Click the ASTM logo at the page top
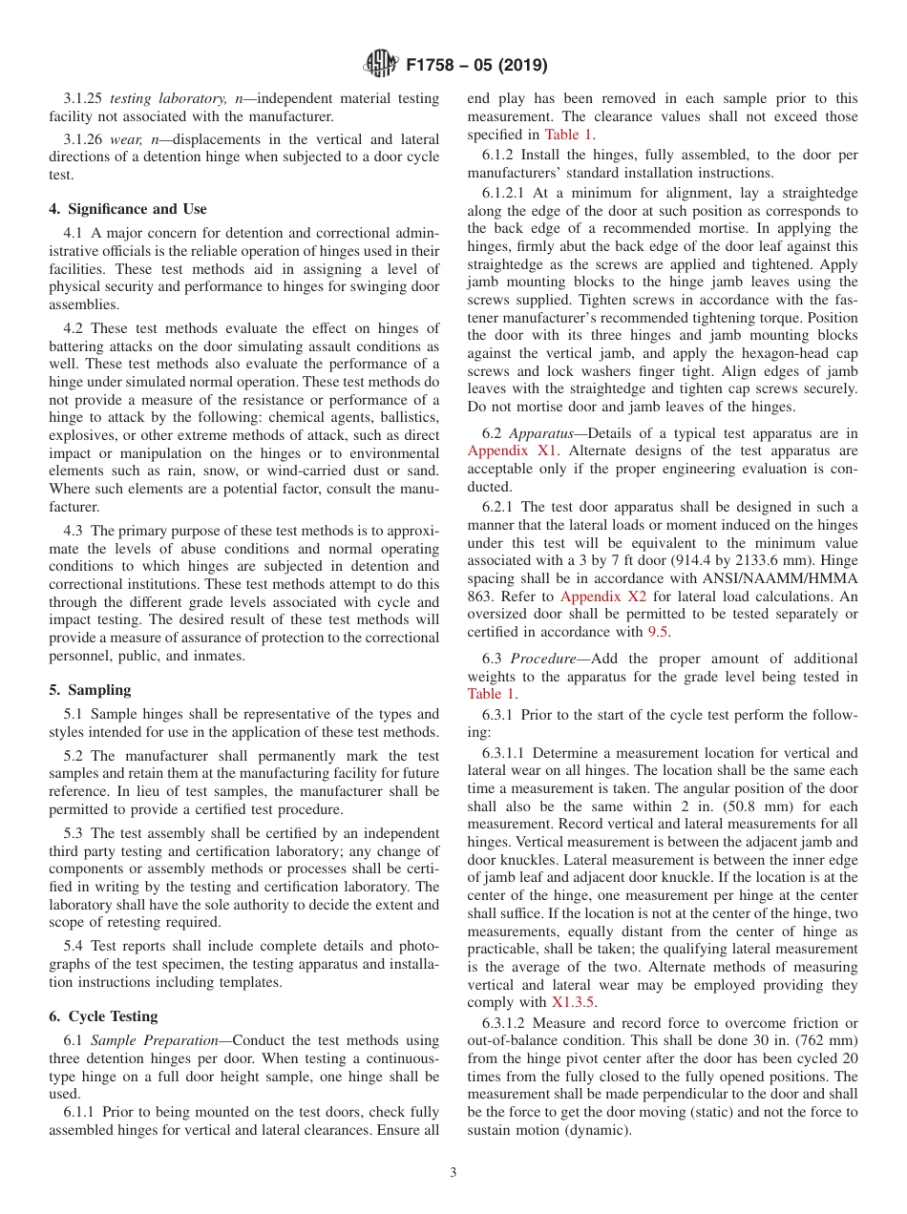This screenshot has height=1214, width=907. pyautogui.click(x=381, y=65)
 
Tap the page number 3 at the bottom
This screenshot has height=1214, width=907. pyautogui.click(x=453, y=1172)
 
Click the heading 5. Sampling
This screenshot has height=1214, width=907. pyautogui.click(x=90, y=690)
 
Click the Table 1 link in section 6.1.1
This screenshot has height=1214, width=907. pyautogui.click(x=568, y=135)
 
